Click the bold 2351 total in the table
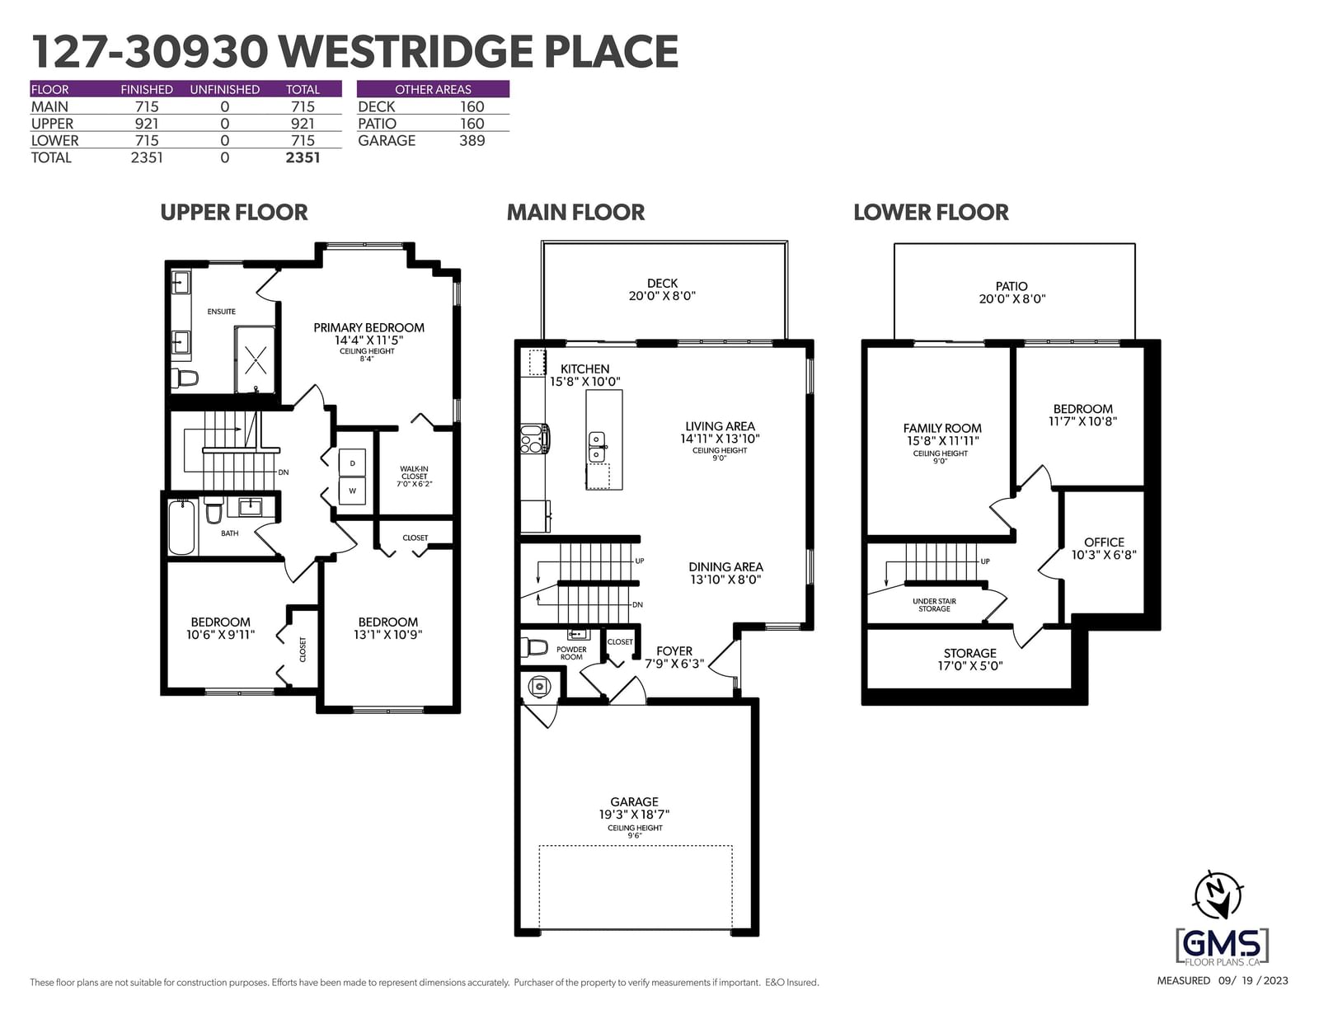point(303,157)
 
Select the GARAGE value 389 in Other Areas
point(472,141)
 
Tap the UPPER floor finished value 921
point(146,124)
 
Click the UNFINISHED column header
point(224,89)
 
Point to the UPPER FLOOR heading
point(233,213)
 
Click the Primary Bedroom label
point(368,328)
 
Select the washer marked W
point(352,491)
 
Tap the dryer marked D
point(352,463)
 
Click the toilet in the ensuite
point(185,378)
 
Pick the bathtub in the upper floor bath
point(181,528)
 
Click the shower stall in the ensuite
point(255,360)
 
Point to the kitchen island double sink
point(598,447)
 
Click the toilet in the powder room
point(534,647)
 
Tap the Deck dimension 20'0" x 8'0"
point(662,296)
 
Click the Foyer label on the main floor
point(674,651)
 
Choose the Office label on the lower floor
point(1104,542)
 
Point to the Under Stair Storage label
point(934,605)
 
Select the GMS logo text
point(1222,944)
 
